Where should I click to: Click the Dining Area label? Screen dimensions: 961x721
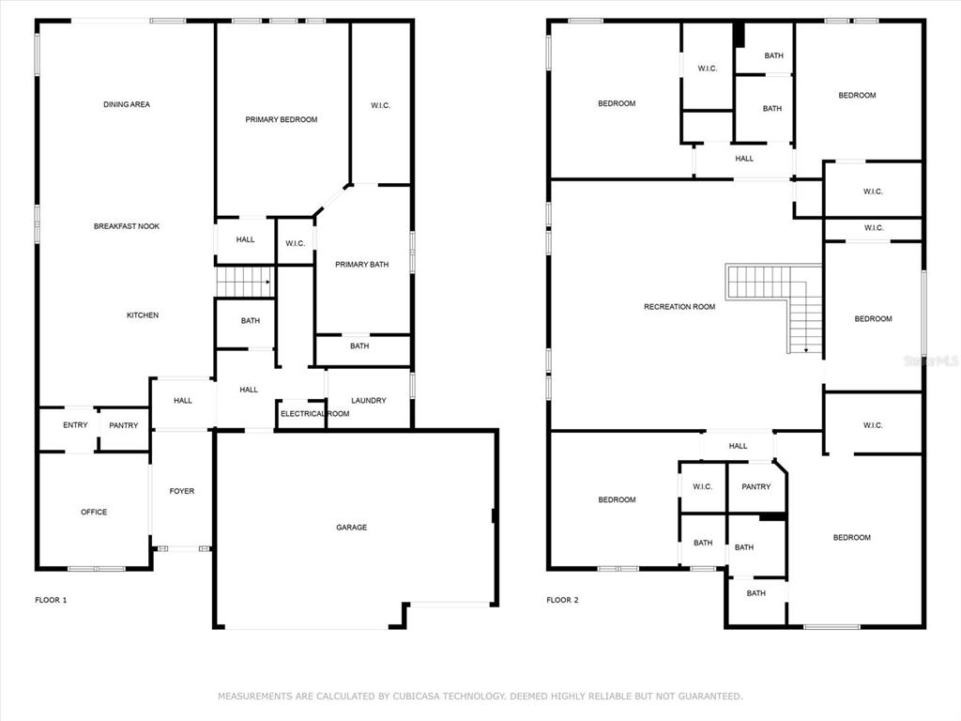tap(127, 104)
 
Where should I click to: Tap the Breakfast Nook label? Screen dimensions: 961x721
tap(127, 226)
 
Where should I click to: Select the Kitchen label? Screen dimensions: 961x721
tap(143, 315)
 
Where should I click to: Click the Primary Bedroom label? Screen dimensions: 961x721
tap(282, 119)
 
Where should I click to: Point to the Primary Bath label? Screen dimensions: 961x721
tap(361, 264)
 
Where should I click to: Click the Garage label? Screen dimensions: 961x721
tap(351, 528)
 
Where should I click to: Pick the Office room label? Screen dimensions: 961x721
tap(94, 512)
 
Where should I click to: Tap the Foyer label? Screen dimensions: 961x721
tap(181, 491)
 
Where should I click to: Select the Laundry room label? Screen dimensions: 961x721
tap(368, 400)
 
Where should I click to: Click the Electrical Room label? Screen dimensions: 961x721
tap(315, 414)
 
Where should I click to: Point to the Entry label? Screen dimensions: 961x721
tap(75, 425)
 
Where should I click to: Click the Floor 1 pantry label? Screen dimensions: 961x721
tap(123, 425)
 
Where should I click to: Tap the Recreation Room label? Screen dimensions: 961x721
tap(679, 307)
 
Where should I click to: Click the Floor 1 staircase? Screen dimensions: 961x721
tap(244, 282)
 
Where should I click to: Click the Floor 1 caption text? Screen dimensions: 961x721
tap(51, 600)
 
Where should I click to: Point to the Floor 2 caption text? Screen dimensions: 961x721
tap(563, 600)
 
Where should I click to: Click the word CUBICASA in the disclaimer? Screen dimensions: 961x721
tap(416, 697)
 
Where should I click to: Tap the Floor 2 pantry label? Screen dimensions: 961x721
tap(755, 487)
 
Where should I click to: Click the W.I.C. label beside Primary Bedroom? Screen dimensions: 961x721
tap(380, 105)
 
